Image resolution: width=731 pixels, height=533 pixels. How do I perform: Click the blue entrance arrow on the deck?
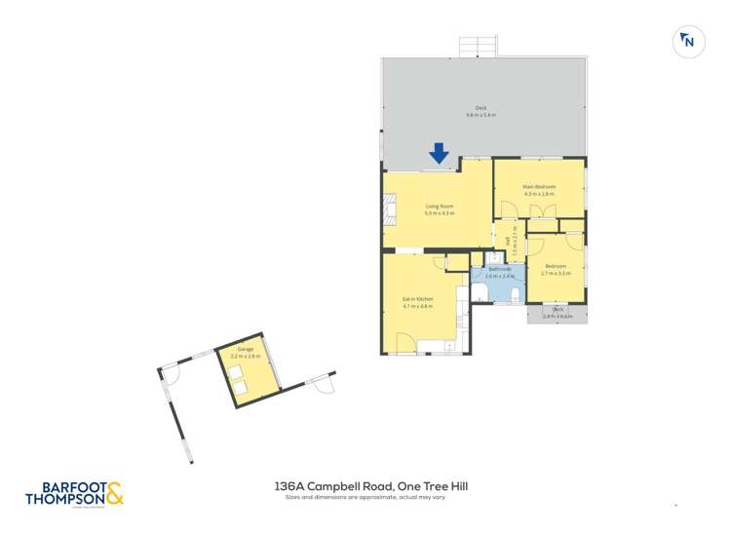click(439, 153)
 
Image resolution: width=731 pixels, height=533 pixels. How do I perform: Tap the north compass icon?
click(688, 41)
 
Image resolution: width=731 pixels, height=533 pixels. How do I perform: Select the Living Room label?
click(440, 207)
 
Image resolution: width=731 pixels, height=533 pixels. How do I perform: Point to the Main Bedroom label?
click(539, 186)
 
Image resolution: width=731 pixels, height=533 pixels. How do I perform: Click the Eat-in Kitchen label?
click(417, 299)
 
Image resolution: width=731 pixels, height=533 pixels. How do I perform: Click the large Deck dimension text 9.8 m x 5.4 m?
click(481, 115)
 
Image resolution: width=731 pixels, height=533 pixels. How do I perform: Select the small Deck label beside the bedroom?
click(558, 310)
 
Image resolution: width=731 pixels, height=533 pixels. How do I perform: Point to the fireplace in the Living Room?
click(390, 209)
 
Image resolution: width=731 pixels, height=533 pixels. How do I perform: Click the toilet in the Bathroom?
click(514, 293)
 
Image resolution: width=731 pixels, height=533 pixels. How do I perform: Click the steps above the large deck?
click(478, 47)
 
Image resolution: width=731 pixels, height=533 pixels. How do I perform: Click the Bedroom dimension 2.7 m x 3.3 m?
click(556, 274)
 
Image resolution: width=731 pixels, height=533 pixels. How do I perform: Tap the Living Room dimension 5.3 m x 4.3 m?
click(440, 213)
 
